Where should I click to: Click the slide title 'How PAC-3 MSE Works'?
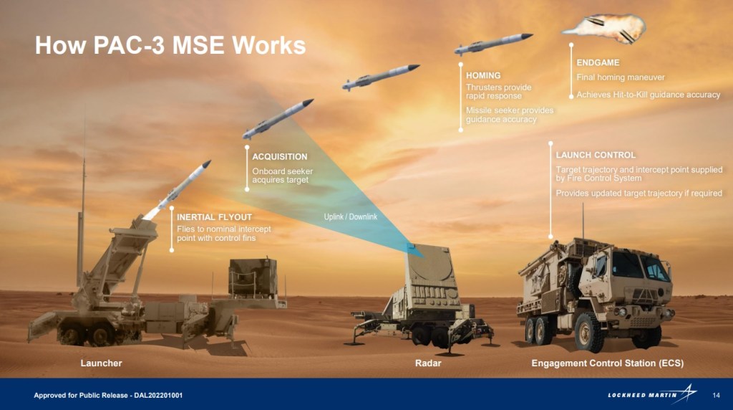pos(170,46)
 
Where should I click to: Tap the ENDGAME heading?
pos(598,63)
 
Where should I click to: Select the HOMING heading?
pos(483,75)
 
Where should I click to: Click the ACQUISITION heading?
pos(280,156)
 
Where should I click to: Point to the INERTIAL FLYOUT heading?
pos(214,216)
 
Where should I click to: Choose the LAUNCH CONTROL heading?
pos(596,155)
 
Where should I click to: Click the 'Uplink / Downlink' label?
pos(350,216)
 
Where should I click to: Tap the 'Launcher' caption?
pos(101,363)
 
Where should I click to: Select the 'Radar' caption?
pos(428,363)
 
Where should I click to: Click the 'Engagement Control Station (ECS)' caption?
pos(607,363)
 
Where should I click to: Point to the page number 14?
pos(716,396)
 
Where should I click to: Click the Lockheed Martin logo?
pos(651,395)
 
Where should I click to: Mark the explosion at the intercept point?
pos(605,27)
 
